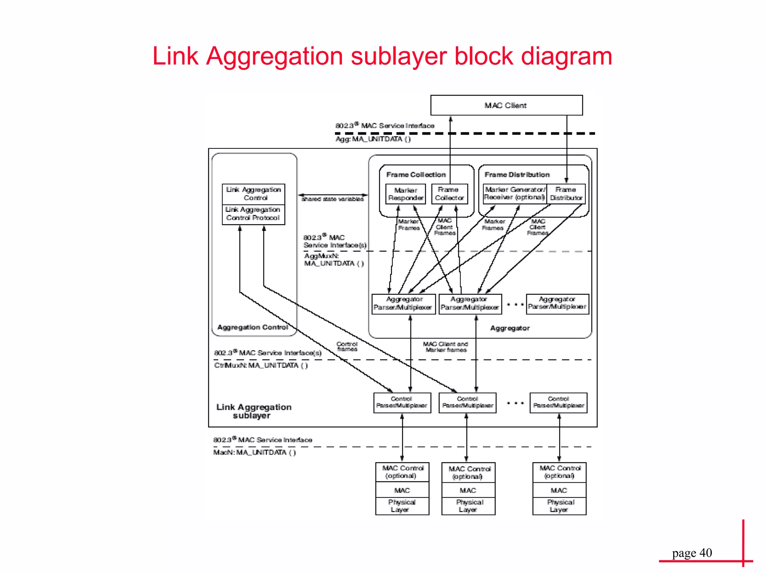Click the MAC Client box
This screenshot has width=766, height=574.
(506, 105)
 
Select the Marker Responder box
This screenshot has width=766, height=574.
(405, 194)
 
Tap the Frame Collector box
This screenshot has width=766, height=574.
(449, 194)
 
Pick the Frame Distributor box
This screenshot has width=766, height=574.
(566, 194)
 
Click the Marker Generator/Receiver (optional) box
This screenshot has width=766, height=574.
(515, 194)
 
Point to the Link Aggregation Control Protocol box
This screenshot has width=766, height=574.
(253, 214)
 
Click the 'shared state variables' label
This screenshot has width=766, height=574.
(333, 199)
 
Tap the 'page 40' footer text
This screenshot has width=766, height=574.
(692, 553)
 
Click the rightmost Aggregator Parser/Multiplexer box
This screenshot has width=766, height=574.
(557, 303)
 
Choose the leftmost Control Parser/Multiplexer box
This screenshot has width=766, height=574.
(402, 402)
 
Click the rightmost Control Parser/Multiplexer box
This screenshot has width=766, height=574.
(558, 402)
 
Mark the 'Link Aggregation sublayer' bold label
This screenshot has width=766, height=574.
(254, 411)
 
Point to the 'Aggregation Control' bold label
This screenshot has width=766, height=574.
(253, 327)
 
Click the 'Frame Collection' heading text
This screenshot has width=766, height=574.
(416, 175)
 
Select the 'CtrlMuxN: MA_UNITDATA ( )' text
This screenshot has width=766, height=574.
(261, 365)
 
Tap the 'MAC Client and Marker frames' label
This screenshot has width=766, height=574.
(445, 347)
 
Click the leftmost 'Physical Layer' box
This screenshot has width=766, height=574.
(402, 506)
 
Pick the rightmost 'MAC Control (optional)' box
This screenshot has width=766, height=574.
(560, 472)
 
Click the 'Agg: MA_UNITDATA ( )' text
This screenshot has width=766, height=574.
(373, 139)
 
